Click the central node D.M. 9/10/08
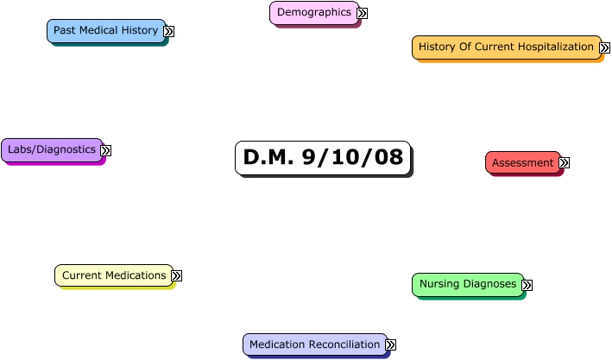pyautogui.click(x=323, y=158)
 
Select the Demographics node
pyautogui.click(x=313, y=13)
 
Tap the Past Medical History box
pyautogui.click(x=105, y=31)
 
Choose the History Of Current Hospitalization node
pyautogui.click(x=506, y=47)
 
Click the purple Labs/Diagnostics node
pyautogui.click(x=52, y=150)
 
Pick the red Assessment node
pyautogui.click(x=522, y=163)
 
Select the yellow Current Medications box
pyautogui.click(x=113, y=276)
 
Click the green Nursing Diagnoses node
pyautogui.click(x=467, y=284)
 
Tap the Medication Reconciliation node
pyautogui.click(x=314, y=344)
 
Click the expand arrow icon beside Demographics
pyautogui.click(x=363, y=13)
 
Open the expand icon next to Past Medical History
pyautogui.click(x=169, y=31)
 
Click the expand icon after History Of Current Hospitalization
pyautogui.click(x=605, y=47)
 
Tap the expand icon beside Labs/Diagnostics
pyautogui.click(x=106, y=150)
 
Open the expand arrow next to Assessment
pyautogui.click(x=565, y=162)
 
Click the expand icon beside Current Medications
pyautogui.click(x=177, y=275)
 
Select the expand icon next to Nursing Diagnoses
pyautogui.click(x=527, y=285)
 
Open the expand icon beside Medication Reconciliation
pyautogui.click(x=390, y=344)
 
